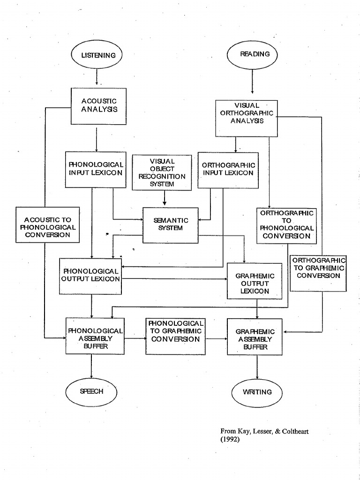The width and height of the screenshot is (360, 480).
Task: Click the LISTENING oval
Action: pos(96,55)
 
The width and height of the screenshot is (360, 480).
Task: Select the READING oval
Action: pos(252,54)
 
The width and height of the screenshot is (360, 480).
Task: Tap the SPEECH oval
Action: pos(91,391)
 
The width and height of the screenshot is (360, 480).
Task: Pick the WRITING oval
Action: pos(257,391)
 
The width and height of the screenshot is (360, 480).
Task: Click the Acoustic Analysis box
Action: pos(99,106)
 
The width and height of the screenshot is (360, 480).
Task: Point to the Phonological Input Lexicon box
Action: pos(96,169)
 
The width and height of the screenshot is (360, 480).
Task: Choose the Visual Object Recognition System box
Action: pos(162,172)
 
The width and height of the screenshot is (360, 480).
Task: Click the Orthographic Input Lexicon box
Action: pos(228,169)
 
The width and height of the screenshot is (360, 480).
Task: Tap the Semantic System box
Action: pos(171,225)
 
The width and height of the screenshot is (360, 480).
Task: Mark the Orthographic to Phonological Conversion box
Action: pos(286,225)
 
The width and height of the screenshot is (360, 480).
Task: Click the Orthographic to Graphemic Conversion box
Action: pos(318,268)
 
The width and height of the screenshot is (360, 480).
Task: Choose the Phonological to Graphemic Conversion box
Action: pos(176,331)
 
